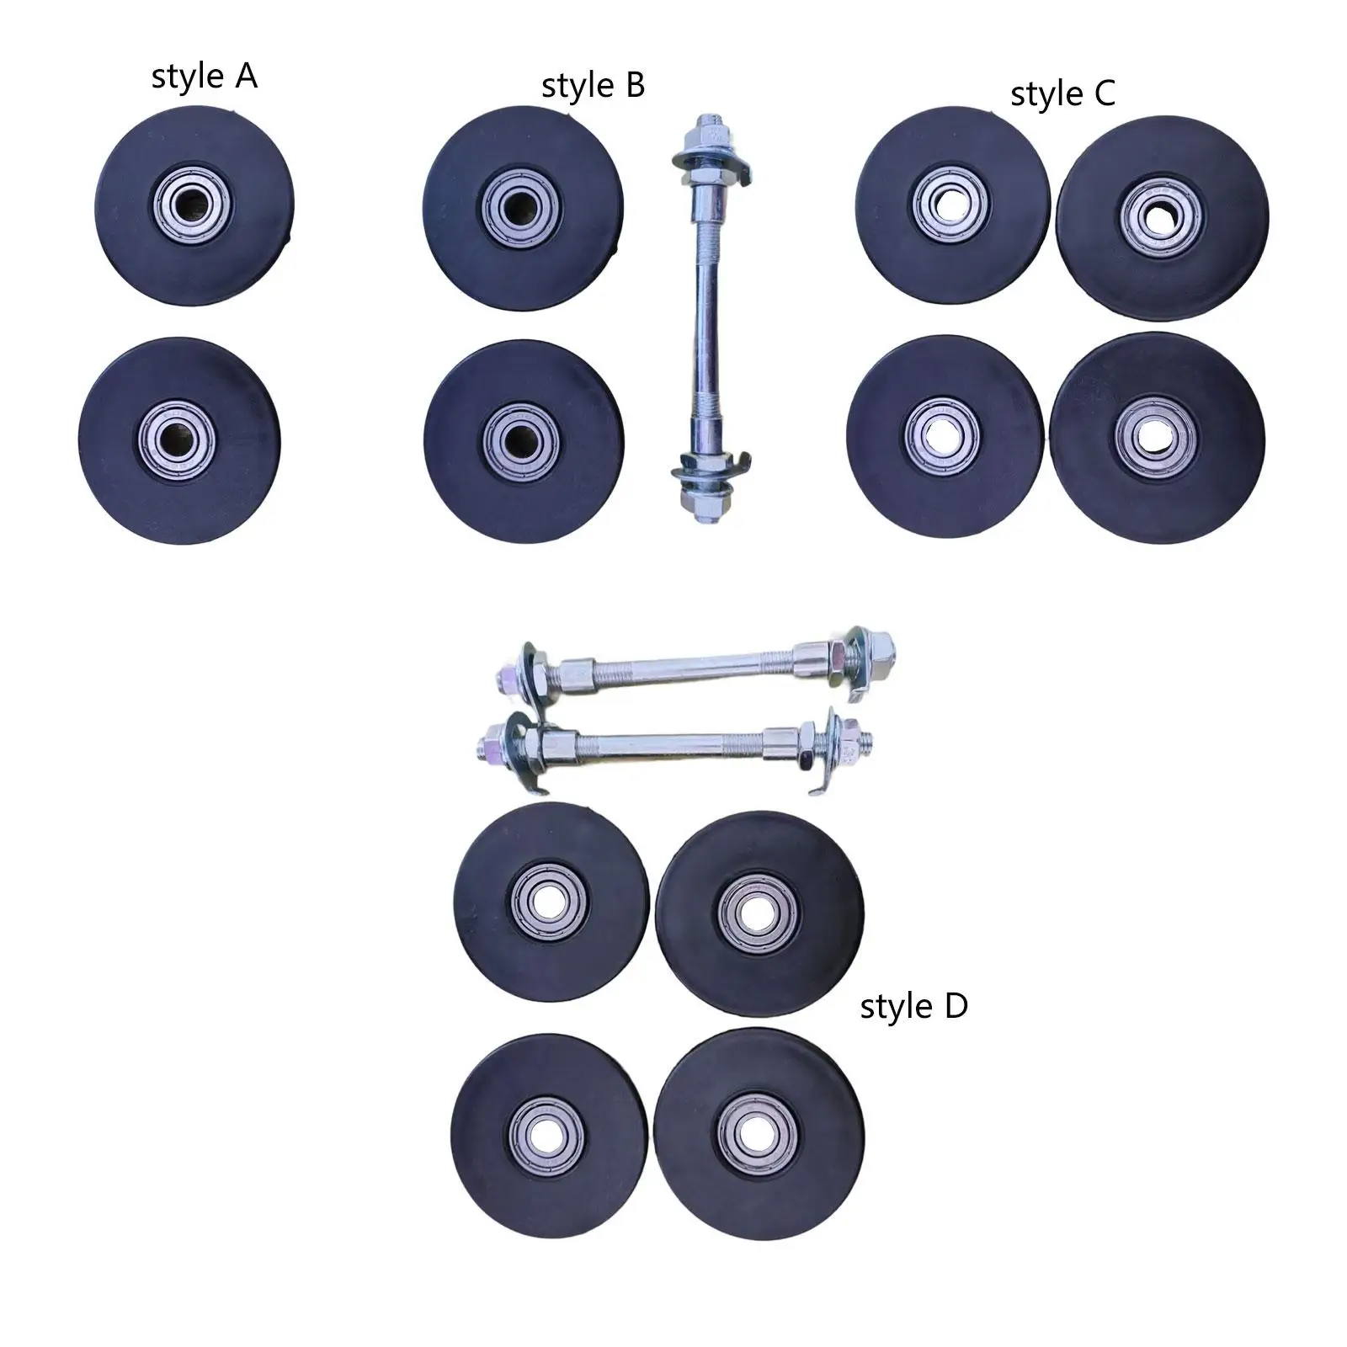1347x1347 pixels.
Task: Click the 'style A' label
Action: pos(204,77)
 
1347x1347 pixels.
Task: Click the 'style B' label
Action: pos(593,86)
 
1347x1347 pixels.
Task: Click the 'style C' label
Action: pos(1062,93)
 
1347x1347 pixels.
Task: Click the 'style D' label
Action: pos(913,1006)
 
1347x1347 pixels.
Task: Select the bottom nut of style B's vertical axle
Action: pos(703,504)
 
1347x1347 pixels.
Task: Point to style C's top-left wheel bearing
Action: pos(951,203)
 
